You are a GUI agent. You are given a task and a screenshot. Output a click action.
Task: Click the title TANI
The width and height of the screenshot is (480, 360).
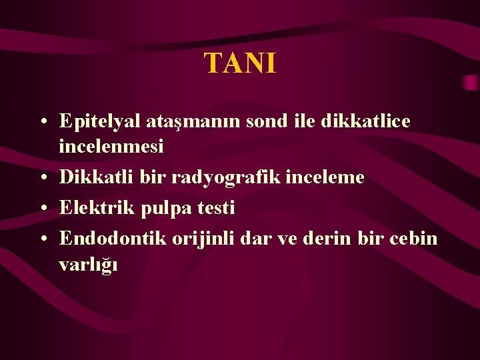240,64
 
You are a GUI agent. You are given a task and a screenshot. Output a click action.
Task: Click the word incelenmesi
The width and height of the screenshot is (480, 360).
111,145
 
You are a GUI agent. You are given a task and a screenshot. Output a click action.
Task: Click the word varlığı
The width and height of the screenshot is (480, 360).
89,264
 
